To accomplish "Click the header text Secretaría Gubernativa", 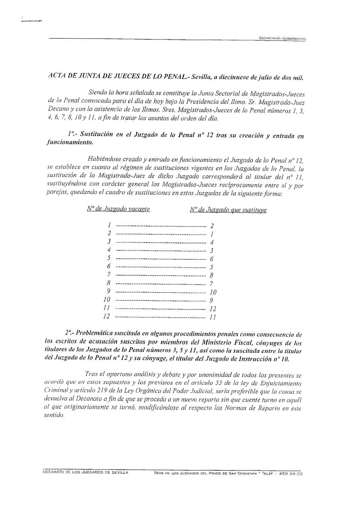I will [x=282, y=38].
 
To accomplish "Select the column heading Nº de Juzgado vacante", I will [x=118, y=209].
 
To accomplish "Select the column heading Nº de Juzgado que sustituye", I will [x=228, y=210].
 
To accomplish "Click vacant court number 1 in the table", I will [x=109, y=225].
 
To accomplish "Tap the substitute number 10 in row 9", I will [x=213, y=292].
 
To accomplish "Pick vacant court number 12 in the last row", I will [x=106, y=317].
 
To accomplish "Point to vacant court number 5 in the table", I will [x=108, y=258].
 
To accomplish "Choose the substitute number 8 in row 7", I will [x=212, y=275].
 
